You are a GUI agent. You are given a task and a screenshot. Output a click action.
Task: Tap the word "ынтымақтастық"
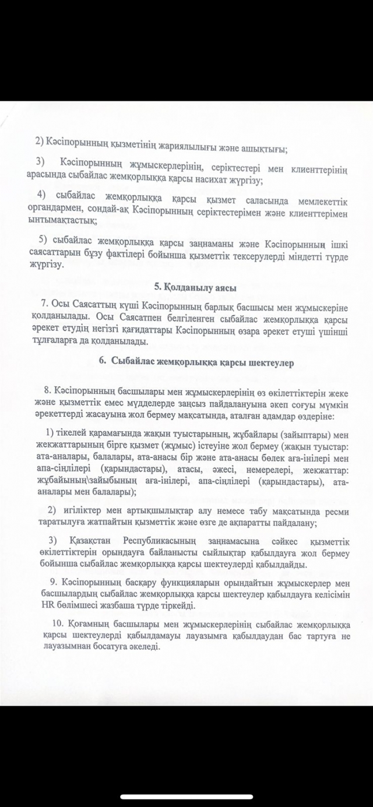pyautogui.click(x=62, y=220)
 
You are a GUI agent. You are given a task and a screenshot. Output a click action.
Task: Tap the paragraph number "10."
pyautogui.click(x=51, y=623)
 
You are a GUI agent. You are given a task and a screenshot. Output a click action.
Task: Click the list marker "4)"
pyautogui.click(x=41, y=193)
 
